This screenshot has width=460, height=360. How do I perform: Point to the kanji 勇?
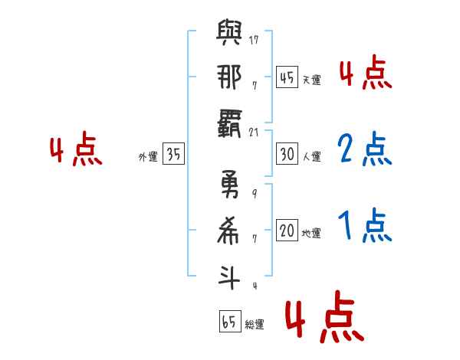(x=230, y=185)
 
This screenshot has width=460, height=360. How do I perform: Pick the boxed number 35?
(x=173, y=155)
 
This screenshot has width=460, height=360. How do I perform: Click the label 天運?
(x=312, y=80)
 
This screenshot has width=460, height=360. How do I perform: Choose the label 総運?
(x=255, y=325)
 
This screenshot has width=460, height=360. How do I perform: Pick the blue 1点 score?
(x=365, y=226)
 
